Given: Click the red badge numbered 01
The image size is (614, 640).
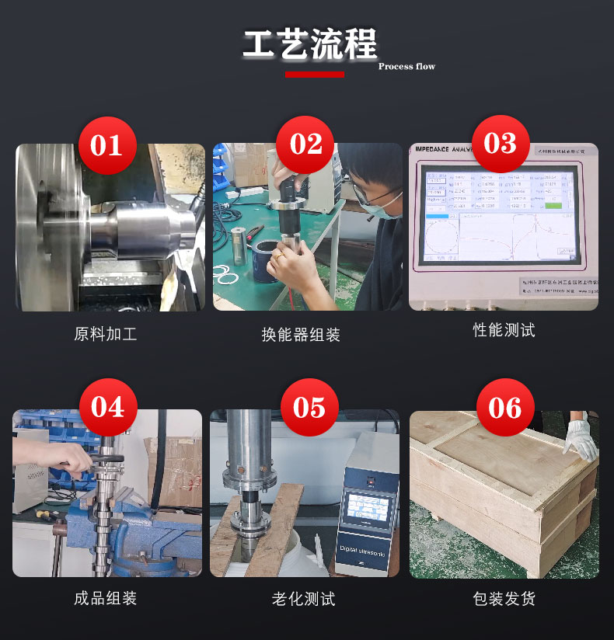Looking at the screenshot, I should [106, 145].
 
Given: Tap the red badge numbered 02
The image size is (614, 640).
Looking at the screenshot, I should [305, 145].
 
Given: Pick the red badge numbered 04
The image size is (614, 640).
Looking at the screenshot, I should [107, 407].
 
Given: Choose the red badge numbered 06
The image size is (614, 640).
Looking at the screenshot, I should [504, 407].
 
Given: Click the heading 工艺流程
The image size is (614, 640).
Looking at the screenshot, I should [309, 44].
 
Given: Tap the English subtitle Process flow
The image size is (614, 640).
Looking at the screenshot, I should [406, 67].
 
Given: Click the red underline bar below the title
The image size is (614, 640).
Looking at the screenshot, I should [314, 75].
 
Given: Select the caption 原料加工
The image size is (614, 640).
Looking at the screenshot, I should [106, 335].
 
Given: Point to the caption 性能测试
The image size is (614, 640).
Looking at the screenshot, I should [504, 330].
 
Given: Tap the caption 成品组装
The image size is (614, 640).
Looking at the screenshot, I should [106, 598].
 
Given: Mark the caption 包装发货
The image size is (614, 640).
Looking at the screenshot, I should [504, 598].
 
